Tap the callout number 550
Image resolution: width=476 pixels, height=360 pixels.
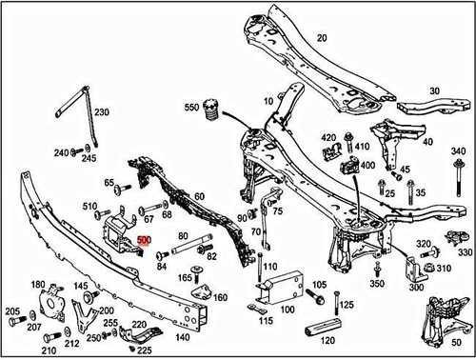tap(189, 107)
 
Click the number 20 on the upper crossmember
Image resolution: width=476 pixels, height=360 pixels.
tap(321, 38)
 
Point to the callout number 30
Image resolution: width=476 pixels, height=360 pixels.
tap(436, 92)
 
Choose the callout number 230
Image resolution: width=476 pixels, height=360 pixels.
tap(101, 112)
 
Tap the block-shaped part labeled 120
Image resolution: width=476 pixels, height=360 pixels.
tap(317, 331)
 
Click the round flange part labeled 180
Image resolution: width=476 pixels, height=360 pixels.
tap(45, 310)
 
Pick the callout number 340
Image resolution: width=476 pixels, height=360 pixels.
tap(457, 152)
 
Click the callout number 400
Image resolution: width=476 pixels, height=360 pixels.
tap(367, 165)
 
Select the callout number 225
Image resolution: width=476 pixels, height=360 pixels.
tap(144, 350)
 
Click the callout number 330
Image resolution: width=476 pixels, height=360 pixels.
tap(465, 252)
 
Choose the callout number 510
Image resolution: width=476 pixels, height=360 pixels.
tap(90, 206)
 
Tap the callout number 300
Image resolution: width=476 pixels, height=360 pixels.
tap(416, 286)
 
